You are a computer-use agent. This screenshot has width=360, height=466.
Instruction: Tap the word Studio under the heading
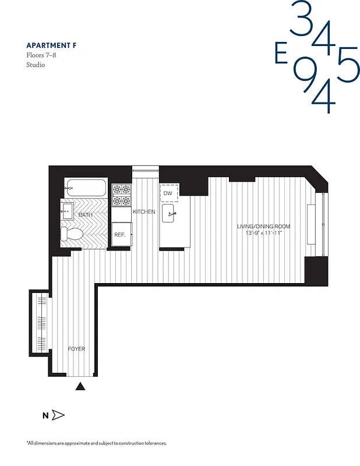(x=36, y=65)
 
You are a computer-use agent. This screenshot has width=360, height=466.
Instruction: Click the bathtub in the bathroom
(x=86, y=188)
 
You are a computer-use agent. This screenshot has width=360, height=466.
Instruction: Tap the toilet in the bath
(x=69, y=234)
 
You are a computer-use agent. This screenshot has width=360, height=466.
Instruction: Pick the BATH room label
(x=86, y=216)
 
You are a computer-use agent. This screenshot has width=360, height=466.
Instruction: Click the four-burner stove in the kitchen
(x=122, y=195)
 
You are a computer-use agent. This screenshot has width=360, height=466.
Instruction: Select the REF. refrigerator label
(x=120, y=235)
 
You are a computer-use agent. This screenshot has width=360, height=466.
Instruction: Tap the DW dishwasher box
(x=168, y=193)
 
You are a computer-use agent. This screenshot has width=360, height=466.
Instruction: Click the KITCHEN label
(x=144, y=212)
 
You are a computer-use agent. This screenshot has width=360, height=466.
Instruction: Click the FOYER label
(x=76, y=349)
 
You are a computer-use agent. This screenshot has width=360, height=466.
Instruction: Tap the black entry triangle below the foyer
(x=81, y=386)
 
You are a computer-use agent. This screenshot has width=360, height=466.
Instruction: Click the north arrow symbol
(x=58, y=415)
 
